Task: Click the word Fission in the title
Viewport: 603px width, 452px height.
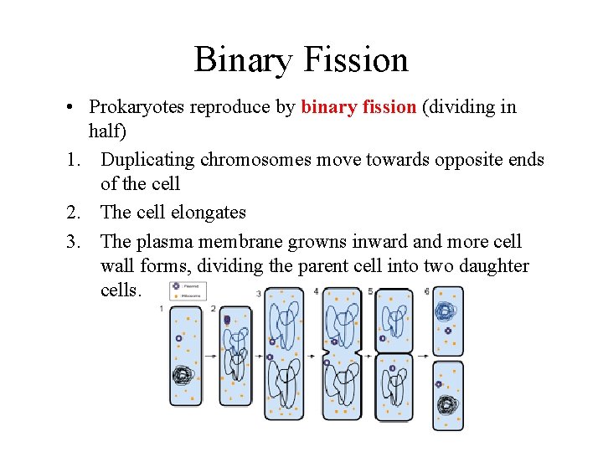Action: tap(356, 60)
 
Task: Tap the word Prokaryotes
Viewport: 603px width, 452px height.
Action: tap(137, 107)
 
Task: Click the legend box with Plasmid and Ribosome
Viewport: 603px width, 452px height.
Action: tap(188, 290)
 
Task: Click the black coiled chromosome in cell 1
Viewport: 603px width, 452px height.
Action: tap(183, 377)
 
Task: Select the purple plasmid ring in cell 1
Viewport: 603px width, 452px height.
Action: tap(178, 339)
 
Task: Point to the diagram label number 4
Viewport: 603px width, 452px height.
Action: tap(316, 291)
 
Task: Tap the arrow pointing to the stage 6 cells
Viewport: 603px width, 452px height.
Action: tap(423, 356)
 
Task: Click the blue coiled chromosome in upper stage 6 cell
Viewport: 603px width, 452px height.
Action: tap(445, 311)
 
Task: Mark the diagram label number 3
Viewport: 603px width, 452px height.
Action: tap(258, 294)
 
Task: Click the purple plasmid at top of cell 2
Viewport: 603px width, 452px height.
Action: tap(227, 320)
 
